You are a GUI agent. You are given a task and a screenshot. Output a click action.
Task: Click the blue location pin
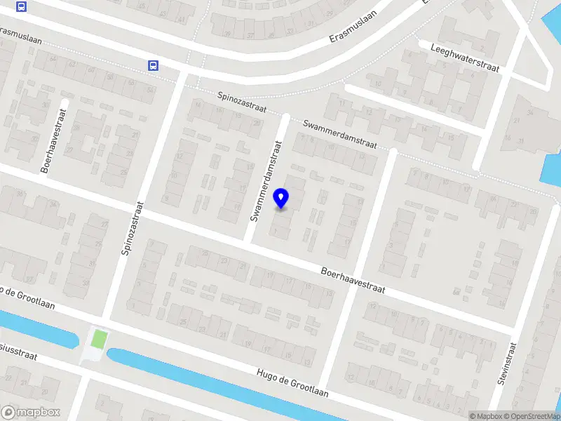[281, 199]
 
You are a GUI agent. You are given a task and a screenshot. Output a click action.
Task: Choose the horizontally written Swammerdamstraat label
[340, 134]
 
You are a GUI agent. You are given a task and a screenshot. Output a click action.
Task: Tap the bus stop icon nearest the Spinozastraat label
[153, 66]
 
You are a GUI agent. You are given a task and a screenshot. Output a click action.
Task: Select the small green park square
[99, 340]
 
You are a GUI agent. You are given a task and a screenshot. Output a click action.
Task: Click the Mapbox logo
[31, 413]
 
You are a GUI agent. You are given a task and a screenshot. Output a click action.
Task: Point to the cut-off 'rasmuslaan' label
[21, 36]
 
